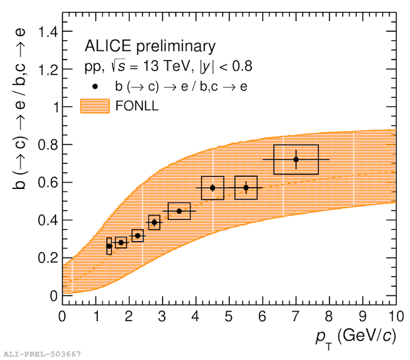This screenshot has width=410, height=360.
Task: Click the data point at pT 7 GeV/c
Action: (296, 159)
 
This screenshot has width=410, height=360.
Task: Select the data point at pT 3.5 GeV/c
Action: (179, 211)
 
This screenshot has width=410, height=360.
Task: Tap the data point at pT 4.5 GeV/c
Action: (212, 188)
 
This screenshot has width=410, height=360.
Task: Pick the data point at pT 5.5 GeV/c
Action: (246, 188)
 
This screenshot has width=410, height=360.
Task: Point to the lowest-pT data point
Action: (109, 246)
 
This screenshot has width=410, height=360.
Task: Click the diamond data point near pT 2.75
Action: (154, 223)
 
